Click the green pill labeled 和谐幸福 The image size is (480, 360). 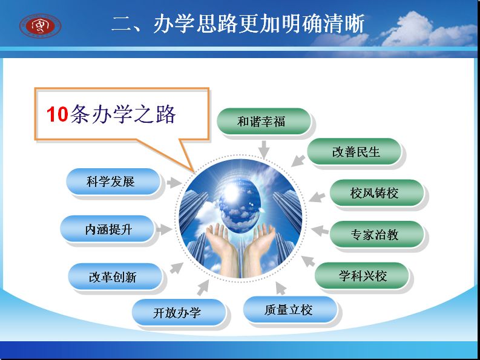(x=263, y=121)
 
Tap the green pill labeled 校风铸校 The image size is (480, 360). (x=376, y=193)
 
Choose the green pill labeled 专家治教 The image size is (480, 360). (x=376, y=234)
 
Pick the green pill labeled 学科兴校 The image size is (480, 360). (x=361, y=275)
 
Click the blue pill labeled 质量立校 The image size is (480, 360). (x=290, y=310)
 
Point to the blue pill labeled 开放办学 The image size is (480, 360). (x=179, y=312)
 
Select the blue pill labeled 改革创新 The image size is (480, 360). (x=115, y=277)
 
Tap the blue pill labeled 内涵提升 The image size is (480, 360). (x=107, y=229)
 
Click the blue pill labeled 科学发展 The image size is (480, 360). (x=113, y=182)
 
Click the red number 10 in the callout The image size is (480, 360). (x=58, y=114)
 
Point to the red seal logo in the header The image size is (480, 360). (x=41, y=26)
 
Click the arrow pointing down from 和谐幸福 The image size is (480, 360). (x=263, y=149)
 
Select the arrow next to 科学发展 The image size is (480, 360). (x=174, y=183)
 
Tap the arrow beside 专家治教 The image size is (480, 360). (x=320, y=230)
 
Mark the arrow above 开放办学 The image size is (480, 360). (x=203, y=288)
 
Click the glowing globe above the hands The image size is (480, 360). (x=239, y=202)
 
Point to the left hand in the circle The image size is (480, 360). (x=223, y=248)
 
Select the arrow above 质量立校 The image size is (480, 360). (x=281, y=288)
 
